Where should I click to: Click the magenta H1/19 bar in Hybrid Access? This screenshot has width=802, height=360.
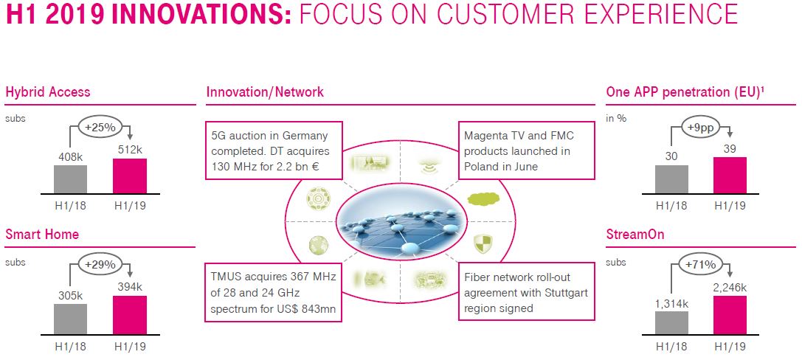[130, 176]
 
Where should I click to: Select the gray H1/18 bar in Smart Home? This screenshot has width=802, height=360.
[70, 319]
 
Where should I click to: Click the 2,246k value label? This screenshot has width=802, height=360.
[730, 288]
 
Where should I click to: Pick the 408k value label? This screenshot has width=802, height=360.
[70, 158]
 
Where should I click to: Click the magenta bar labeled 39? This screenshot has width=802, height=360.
[730, 175]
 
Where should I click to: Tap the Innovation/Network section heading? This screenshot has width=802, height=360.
[265, 92]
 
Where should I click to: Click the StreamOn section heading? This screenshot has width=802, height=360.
[635, 235]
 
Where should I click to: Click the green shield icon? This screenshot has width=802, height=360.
[481, 244]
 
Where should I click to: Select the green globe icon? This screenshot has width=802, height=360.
[318, 246]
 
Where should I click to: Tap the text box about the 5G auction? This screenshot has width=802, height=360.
[274, 150]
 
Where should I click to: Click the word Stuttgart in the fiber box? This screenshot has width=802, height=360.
[563, 293]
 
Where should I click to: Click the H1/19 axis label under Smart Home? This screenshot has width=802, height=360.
[130, 346]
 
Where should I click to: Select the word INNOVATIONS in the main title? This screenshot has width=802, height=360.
[201, 15]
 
